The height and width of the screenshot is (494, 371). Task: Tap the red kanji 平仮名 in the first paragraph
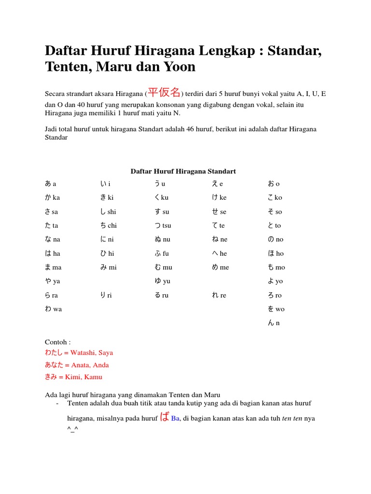pos(164,92)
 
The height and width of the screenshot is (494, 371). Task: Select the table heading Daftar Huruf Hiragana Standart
pos(183,171)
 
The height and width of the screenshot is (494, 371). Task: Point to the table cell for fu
pos(161,253)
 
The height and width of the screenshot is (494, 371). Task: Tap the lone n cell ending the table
pos(273,323)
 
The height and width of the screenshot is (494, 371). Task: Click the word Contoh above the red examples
pos(57,342)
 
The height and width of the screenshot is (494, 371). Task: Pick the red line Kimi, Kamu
pos(73,377)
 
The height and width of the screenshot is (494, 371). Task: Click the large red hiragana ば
pos(165,417)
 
